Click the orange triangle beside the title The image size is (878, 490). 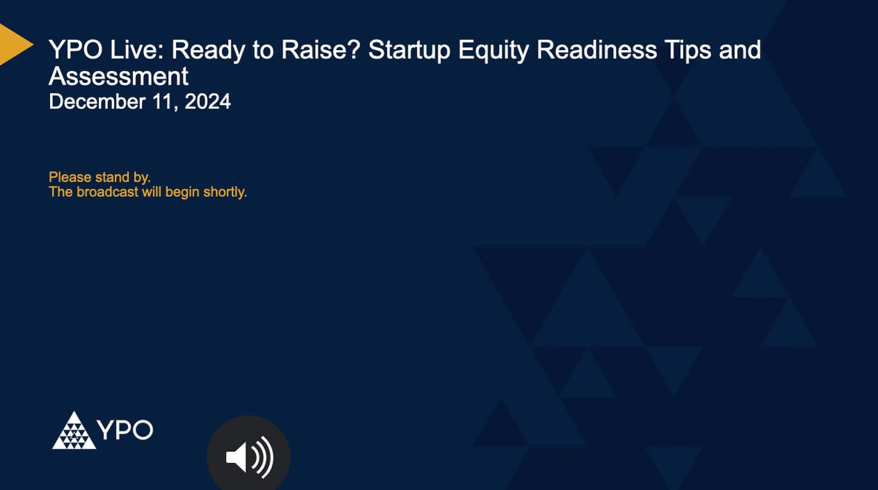pyautogui.click(x=13, y=44)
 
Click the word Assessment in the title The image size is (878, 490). pyautogui.click(x=118, y=76)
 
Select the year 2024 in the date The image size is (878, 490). pyautogui.click(x=207, y=102)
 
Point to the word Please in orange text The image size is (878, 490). pyautogui.click(x=70, y=178)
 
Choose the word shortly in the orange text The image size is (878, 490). pyautogui.click(x=225, y=193)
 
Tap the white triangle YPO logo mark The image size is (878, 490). pyautogui.click(x=74, y=431)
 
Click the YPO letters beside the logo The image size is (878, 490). pyautogui.click(x=126, y=430)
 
